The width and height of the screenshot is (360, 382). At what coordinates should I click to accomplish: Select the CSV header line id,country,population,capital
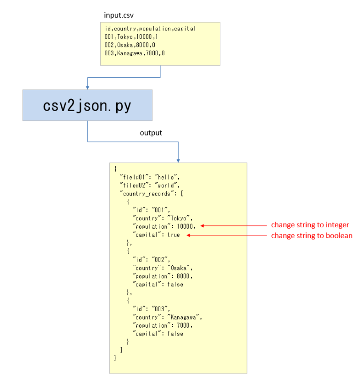tap(150, 29)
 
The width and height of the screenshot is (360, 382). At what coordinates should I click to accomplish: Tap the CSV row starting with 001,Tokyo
tap(128, 37)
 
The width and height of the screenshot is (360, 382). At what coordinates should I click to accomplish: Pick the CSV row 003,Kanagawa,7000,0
tap(135, 53)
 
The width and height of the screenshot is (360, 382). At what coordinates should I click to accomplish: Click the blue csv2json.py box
tap(87, 105)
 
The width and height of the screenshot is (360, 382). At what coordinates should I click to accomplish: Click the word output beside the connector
tap(151, 133)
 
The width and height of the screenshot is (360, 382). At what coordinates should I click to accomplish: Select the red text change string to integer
tap(310, 225)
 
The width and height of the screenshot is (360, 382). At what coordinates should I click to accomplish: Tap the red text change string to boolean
tap(311, 236)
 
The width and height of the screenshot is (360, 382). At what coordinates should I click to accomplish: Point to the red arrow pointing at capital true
tap(225, 235)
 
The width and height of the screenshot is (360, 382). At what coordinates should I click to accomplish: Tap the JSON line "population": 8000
tap(163, 276)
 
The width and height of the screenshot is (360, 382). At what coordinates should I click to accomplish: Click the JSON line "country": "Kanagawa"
tap(167, 317)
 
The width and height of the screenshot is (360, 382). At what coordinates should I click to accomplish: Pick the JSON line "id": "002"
tap(153, 259)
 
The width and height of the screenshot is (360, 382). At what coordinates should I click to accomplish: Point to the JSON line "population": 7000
tap(163, 325)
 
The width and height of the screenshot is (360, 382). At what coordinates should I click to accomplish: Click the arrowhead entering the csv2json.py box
tap(87, 87)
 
